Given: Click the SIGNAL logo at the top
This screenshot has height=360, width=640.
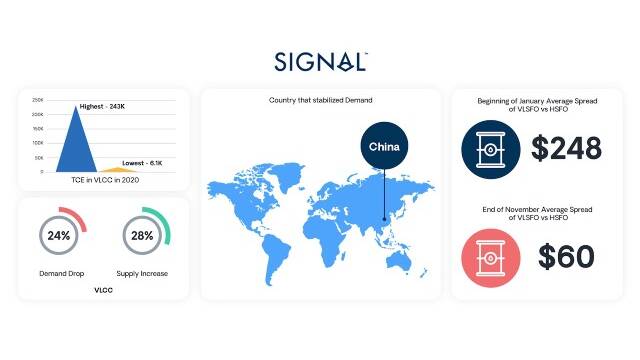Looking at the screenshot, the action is pyautogui.click(x=321, y=62).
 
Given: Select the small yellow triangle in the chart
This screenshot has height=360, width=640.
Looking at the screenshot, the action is pyautogui.click(x=118, y=169).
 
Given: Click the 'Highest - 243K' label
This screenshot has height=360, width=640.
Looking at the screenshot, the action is pyautogui.click(x=102, y=107).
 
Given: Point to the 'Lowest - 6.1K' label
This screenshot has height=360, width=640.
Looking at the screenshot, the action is pyautogui.click(x=142, y=163).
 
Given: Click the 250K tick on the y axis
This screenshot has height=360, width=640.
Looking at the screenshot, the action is pyautogui.click(x=38, y=100).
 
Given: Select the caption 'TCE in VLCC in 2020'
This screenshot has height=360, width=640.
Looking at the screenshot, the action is pyautogui.click(x=105, y=180).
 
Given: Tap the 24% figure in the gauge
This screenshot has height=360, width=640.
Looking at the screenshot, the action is pyautogui.click(x=59, y=236).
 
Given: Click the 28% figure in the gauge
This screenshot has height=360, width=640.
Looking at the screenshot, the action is pyautogui.click(x=142, y=236).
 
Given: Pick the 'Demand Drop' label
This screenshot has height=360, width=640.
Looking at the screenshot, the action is pyautogui.click(x=62, y=273).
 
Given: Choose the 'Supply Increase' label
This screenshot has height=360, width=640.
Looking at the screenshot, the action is pyautogui.click(x=142, y=273).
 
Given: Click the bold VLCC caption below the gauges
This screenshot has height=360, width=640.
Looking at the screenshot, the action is pyautogui.click(x=103, y=290).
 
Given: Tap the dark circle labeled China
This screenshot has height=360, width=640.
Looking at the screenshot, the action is pyautogui.click(x=384, y=146).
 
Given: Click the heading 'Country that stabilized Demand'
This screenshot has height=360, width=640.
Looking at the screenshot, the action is pyautogui.click(x=320, y=100).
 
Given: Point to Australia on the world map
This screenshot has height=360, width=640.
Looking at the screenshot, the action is pyautogui.click(x=399, y=259).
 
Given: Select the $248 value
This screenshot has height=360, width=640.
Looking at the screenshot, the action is pyautogui.click(x=566, y=148).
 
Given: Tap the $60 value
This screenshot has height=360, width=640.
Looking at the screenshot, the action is pyautogui.click(x=566, y=257).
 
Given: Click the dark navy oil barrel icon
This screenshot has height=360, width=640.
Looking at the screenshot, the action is pyautogui.click(x=491, y=149).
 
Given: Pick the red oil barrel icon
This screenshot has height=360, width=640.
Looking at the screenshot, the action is pyautogui.click(x=491, y=258).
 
